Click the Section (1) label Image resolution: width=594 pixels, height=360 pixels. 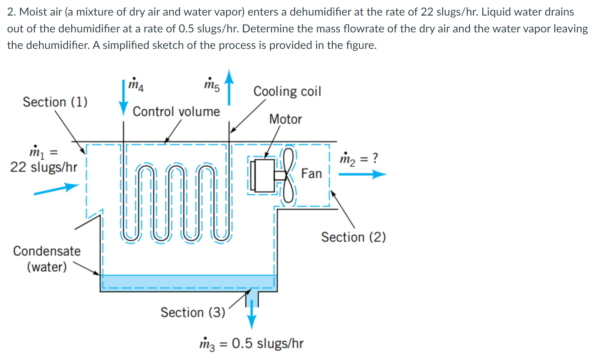55,102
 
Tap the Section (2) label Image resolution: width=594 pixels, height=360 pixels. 353,237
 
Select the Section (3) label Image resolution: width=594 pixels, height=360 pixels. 193,312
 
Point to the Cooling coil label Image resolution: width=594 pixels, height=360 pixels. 287,91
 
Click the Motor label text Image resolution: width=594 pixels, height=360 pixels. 285,119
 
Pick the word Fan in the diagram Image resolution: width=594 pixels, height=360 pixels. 311,174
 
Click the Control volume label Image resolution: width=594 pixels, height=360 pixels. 176,112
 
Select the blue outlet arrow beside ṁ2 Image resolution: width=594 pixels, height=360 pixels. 362,174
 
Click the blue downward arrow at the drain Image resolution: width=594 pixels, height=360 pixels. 252,314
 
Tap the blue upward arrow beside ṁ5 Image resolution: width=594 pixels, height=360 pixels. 229,87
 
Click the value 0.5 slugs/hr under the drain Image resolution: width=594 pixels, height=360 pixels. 267,343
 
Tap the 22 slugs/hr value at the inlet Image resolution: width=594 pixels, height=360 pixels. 44,167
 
